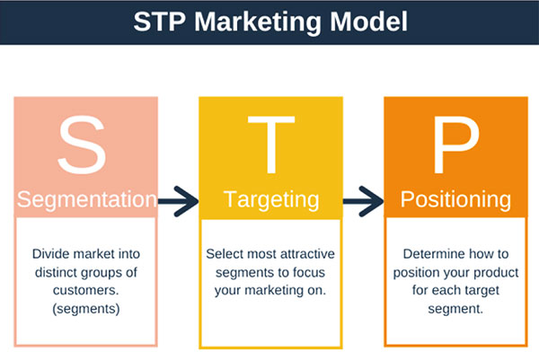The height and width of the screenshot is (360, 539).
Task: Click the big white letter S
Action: coord(82,145)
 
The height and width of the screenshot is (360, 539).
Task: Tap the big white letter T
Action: coord(271,145)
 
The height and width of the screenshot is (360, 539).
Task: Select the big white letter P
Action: coord(455,145)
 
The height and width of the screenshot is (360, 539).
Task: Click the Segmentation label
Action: coord(86,199)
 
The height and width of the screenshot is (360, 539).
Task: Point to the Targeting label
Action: coord(271,200)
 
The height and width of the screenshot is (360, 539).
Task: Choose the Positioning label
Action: coord(455,200)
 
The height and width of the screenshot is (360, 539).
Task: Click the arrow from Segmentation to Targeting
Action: coord(178,202)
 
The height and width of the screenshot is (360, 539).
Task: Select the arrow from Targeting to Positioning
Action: coord(363,202)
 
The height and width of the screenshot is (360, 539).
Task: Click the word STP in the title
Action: coord(160,22)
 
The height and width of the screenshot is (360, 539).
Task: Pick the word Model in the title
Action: coord(369,22)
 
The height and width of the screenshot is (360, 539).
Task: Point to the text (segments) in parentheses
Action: coord(86,309)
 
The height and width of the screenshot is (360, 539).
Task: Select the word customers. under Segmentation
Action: coord(86,290)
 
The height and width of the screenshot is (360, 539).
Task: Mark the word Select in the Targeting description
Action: coord(223,254)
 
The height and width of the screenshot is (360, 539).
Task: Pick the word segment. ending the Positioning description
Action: coord(455,310)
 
